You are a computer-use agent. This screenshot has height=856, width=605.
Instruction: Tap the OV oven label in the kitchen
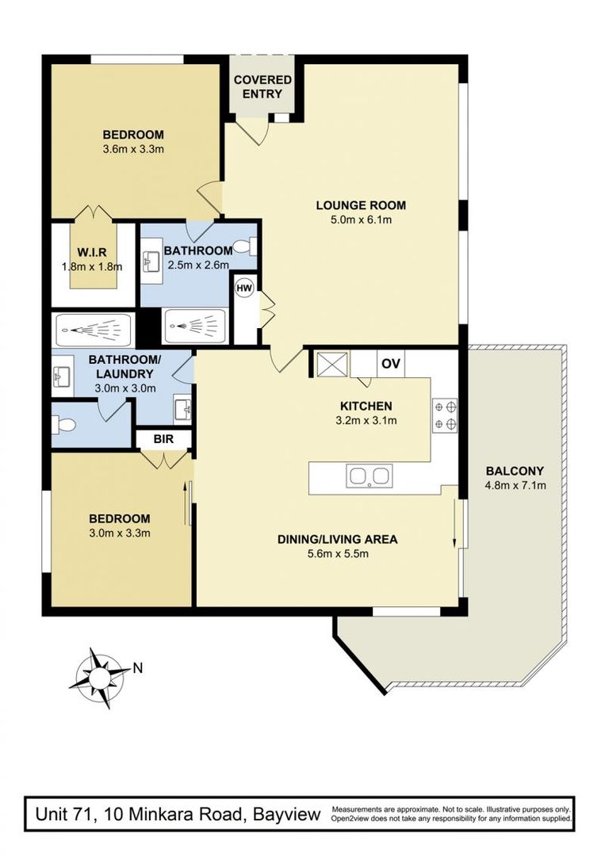coord(391,364)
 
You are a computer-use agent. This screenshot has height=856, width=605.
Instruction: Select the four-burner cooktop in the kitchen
coord(445,415)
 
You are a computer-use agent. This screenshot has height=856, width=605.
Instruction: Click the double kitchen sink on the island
coord(370,476)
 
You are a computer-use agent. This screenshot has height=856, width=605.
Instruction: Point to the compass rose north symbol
coord(99,678)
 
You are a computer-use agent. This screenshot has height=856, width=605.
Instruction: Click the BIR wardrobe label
coord(163,438)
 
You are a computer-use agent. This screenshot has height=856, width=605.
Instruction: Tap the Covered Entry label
coord(262,87)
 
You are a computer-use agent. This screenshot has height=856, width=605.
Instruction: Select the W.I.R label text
coord(91,253)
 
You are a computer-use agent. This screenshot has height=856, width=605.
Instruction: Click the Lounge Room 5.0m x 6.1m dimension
coord(361,220)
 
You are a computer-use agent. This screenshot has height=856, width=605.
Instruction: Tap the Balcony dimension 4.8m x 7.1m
coord(515,485)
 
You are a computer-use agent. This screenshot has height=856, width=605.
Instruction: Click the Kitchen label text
coord(366,406)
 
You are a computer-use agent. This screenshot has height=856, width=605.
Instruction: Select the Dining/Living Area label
coord(338,540)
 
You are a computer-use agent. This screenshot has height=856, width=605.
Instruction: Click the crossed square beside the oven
coord(332,364)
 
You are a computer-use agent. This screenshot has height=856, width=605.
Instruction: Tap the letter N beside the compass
coord(138,667)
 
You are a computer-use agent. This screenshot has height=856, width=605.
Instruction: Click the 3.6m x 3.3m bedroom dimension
coord(133,148)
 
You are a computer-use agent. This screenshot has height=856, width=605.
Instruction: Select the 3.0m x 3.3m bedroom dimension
coord(120,533)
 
